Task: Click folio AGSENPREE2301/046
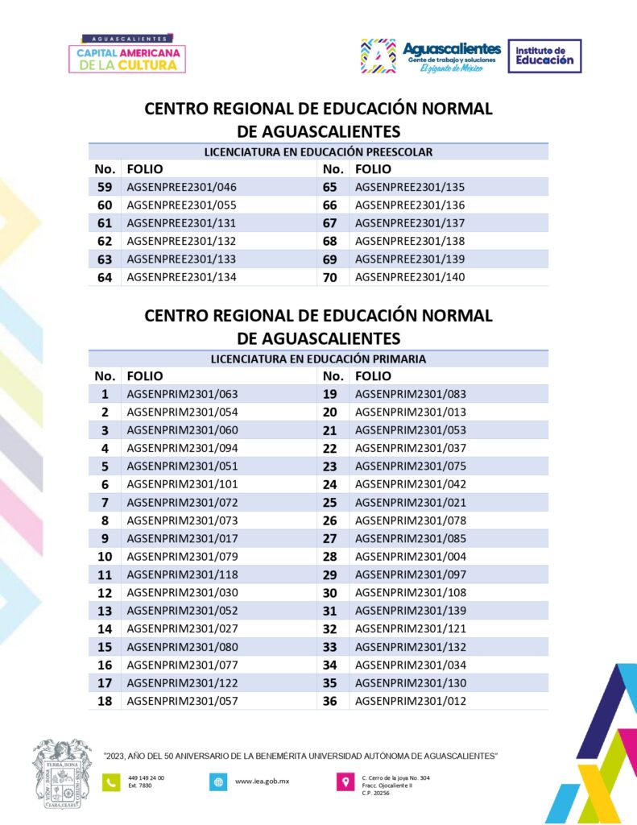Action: click(x=182, y=187)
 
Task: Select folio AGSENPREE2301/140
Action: click(x=410, y=277)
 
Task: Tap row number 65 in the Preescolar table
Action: click(x=329, y=187)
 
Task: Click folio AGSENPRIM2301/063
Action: click(x=182, y=394)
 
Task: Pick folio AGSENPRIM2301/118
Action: click(x=182, y=574)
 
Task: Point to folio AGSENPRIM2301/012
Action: click(x=410, y=701)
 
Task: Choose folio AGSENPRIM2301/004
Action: click(x=410, y=557)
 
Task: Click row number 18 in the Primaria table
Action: click(x=105, y=701)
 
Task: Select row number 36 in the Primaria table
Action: click(x=329, y=701)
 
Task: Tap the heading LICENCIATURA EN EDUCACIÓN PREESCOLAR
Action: click(x=318, y=151)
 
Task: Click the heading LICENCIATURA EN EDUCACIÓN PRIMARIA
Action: click(x=318, y=359)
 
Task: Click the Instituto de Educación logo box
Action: click(x=544, y=56)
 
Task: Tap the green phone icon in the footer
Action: click(x=110, y=781)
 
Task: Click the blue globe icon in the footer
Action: click(x=217, y=781)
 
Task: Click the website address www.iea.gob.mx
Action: click(x=263, y=781)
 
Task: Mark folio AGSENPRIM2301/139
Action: click(x=410, y=611)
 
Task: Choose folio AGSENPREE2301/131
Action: click(x=182, y=223)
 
